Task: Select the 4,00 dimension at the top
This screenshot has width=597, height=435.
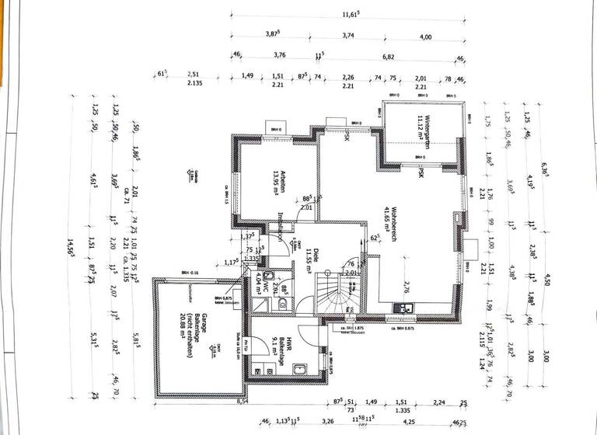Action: pos(425,36)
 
